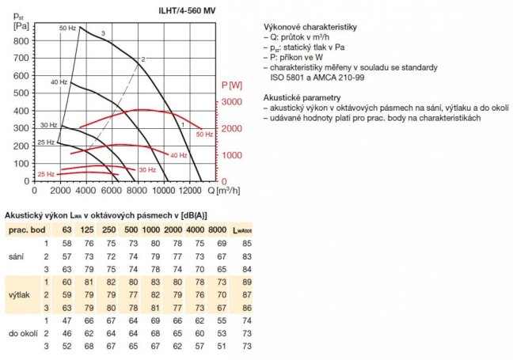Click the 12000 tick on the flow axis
point(190,190)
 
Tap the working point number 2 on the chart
point(143,59)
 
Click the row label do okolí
point(21,334)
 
